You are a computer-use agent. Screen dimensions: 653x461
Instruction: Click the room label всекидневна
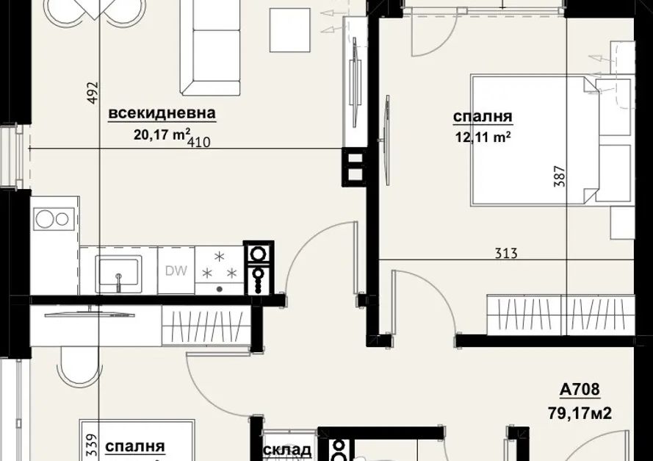pos(162,113)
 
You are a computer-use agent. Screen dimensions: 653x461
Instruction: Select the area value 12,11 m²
pos(483,137)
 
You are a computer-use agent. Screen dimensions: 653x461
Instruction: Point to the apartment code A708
pos(580,389)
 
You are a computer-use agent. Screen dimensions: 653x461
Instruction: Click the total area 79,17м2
pos(580,413)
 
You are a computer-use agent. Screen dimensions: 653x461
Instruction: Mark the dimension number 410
pos(199,143)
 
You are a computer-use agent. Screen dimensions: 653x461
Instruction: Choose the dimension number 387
pos(560,176)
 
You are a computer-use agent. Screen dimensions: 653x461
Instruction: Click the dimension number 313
pos(506,253)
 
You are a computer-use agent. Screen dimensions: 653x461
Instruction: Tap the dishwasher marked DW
pos(176,271)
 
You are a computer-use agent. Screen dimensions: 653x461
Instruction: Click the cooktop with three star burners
pos(220,271)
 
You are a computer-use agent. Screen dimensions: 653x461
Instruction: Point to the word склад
pos(287,450)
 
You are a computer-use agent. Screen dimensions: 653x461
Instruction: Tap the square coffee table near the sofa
pos(290,30)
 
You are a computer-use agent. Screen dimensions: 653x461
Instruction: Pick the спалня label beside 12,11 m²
pos(483,117)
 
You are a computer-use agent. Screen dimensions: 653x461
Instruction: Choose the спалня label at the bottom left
pos(135,447)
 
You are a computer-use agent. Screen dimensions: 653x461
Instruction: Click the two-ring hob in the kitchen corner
pos(52,219)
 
